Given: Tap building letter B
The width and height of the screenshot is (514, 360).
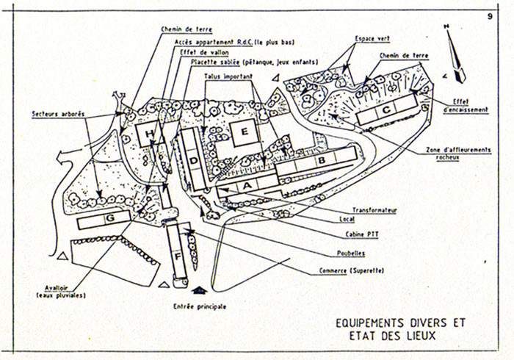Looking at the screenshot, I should click(320, 160).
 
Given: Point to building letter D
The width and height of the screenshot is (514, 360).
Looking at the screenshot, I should click(192, 160).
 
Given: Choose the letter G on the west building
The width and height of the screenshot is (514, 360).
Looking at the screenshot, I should click(110, 219).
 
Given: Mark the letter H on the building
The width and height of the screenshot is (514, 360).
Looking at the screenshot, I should click(151, 134).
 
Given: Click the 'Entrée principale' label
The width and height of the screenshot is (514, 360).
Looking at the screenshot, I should click(200, 305).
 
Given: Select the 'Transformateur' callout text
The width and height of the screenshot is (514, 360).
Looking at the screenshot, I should click(374, 209).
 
